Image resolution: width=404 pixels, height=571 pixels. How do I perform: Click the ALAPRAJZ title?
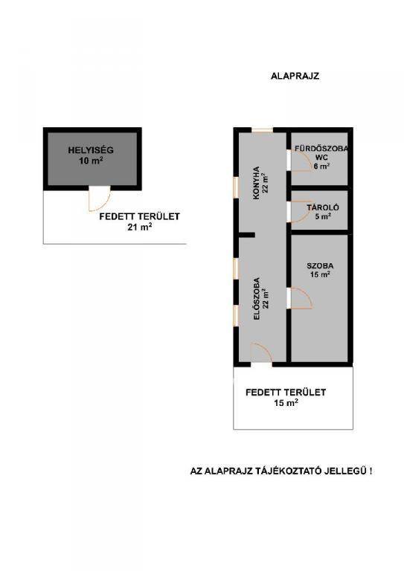coord(295,76)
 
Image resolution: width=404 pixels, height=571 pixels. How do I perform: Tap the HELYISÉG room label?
coord(91,150)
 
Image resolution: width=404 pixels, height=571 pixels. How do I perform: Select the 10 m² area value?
coord(91,161)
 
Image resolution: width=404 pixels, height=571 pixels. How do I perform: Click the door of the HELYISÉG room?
coord(100,199)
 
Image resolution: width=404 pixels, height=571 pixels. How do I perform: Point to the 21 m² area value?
coord(140,227)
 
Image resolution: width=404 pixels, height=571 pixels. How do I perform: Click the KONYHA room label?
coord(257,183)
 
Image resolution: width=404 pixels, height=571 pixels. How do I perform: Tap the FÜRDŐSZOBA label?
coord(321,149)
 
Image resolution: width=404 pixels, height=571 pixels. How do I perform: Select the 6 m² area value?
coord(321,166)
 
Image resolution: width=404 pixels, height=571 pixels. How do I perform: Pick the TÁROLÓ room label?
coord(323,207)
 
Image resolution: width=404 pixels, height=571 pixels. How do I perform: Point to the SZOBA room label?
coord(320,266)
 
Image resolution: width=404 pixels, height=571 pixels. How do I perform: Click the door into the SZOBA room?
coord(301,298)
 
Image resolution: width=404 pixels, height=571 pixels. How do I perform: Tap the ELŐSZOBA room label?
coord(257,299)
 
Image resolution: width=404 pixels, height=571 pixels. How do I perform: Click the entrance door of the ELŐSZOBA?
coord(261,353)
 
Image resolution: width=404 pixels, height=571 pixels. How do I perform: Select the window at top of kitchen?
coord(263,130)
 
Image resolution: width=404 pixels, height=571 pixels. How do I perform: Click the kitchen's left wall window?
coord(236,187)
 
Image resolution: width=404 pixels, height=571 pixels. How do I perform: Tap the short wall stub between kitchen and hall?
coord(246,235)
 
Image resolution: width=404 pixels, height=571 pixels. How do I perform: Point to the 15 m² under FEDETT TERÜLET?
coord(286,403)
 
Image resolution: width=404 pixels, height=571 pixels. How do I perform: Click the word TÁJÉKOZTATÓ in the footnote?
coord(289,471)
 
